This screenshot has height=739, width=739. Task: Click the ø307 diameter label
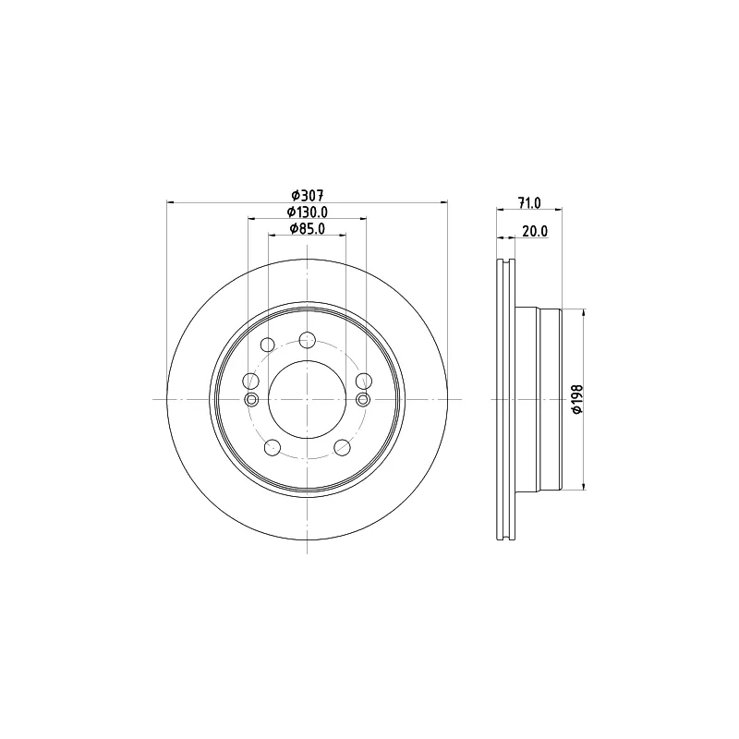(307, 195)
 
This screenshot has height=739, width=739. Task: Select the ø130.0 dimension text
(308, 212)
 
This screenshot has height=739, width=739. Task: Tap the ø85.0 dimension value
(308, 228)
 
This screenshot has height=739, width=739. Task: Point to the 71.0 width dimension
(529, 203)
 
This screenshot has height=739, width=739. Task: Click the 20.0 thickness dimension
(535, 232)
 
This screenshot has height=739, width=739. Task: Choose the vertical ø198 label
(577, 400)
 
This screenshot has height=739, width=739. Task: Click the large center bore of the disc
(307, 400)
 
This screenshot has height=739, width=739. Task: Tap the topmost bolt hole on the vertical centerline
(308, 339)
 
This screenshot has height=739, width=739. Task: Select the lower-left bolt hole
(273, 447)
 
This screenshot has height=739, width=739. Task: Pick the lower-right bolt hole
(342, 447)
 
